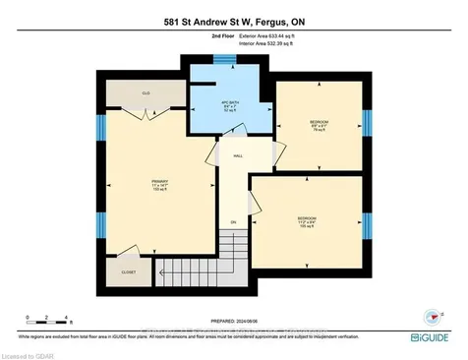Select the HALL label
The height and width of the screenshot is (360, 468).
(x=238, y=156)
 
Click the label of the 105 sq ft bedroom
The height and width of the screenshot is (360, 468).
(x=307, y=220)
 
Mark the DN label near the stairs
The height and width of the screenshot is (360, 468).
(x=235, y=223)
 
